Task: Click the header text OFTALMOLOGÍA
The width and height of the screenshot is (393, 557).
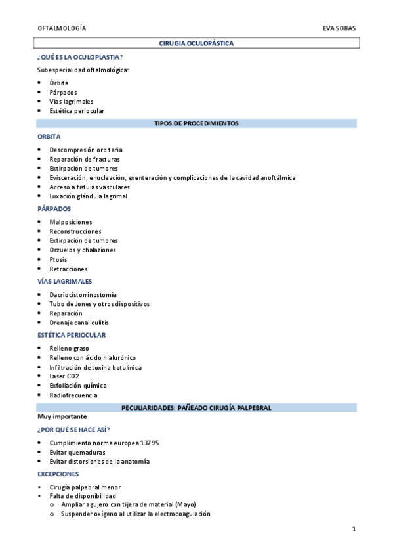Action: click(x=62, y=29)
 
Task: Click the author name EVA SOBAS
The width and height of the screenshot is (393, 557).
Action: click(x=340, y=29)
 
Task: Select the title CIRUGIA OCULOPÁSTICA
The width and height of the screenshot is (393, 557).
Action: click(x=196, y=43)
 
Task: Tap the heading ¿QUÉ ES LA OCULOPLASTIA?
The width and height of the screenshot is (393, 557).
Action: click(x=80, y=57)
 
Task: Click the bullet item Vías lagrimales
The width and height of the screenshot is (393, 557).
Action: click(x=71, y=102)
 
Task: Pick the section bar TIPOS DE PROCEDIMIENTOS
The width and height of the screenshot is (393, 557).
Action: click(x=196, y=123)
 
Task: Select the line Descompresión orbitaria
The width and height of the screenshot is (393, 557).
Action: click(x=85, y=150)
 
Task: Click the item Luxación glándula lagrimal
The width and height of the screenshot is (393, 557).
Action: click(x=88, y=196)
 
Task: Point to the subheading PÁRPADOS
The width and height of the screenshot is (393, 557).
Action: click(x=54, y=209)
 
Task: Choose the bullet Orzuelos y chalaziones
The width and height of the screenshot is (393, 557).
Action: click(x=82, y=250)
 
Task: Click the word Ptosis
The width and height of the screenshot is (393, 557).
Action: click(x=58, y=259)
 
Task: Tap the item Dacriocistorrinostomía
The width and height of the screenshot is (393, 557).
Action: click(x=83, y=295)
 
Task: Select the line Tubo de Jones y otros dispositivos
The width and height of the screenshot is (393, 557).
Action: click(x=99, y=304)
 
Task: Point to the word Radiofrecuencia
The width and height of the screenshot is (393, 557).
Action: click(x=73, y=395)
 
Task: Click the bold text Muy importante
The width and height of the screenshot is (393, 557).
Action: click(x=62, y=416)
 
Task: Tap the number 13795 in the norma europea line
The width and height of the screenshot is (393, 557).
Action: click(x=148, y=443)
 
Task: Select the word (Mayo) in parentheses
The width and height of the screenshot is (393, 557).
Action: click(x=184, y=504)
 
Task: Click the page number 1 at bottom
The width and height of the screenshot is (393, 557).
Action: click(x=353, y=529)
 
